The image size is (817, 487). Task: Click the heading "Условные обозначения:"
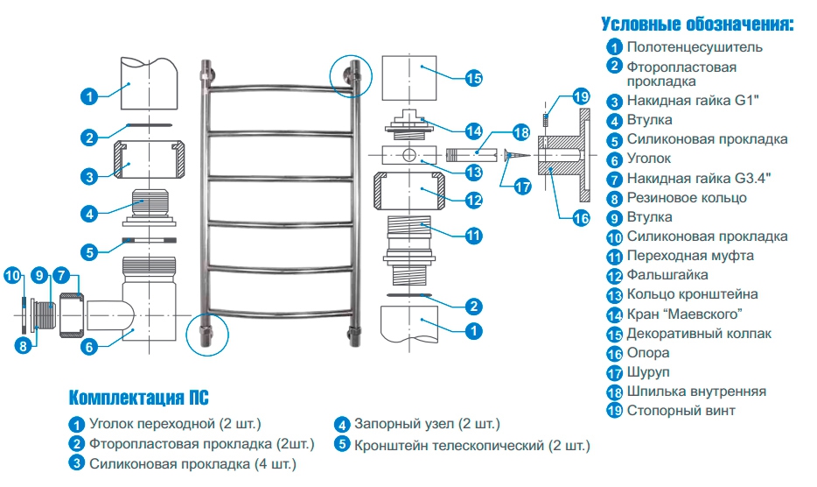[698, 25]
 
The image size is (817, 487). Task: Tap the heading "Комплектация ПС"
[138, 398]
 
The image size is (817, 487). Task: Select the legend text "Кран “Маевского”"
[684, 314]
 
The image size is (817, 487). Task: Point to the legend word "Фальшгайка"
[667, 275]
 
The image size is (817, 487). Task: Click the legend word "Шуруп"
[647, 372]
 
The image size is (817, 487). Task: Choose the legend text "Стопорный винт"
[681, 411]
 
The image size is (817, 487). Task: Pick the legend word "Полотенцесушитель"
[695, 47]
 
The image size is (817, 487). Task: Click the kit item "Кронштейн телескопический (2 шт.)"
[472, 446]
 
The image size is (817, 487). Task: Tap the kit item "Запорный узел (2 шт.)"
[427, 424]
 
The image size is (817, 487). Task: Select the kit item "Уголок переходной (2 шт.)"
[175, 424]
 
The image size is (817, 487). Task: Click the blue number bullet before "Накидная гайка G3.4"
[614, 180]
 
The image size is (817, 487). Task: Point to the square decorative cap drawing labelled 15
[409, 78]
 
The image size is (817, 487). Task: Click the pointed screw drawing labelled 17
[516, 155]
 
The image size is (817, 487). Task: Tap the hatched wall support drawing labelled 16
[565, 155]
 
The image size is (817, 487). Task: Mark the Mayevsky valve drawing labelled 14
[409, 124]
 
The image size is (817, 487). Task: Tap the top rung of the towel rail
[280, 88]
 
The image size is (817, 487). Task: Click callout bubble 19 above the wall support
[581, 96]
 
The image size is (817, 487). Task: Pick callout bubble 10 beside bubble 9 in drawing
[12, 276]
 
